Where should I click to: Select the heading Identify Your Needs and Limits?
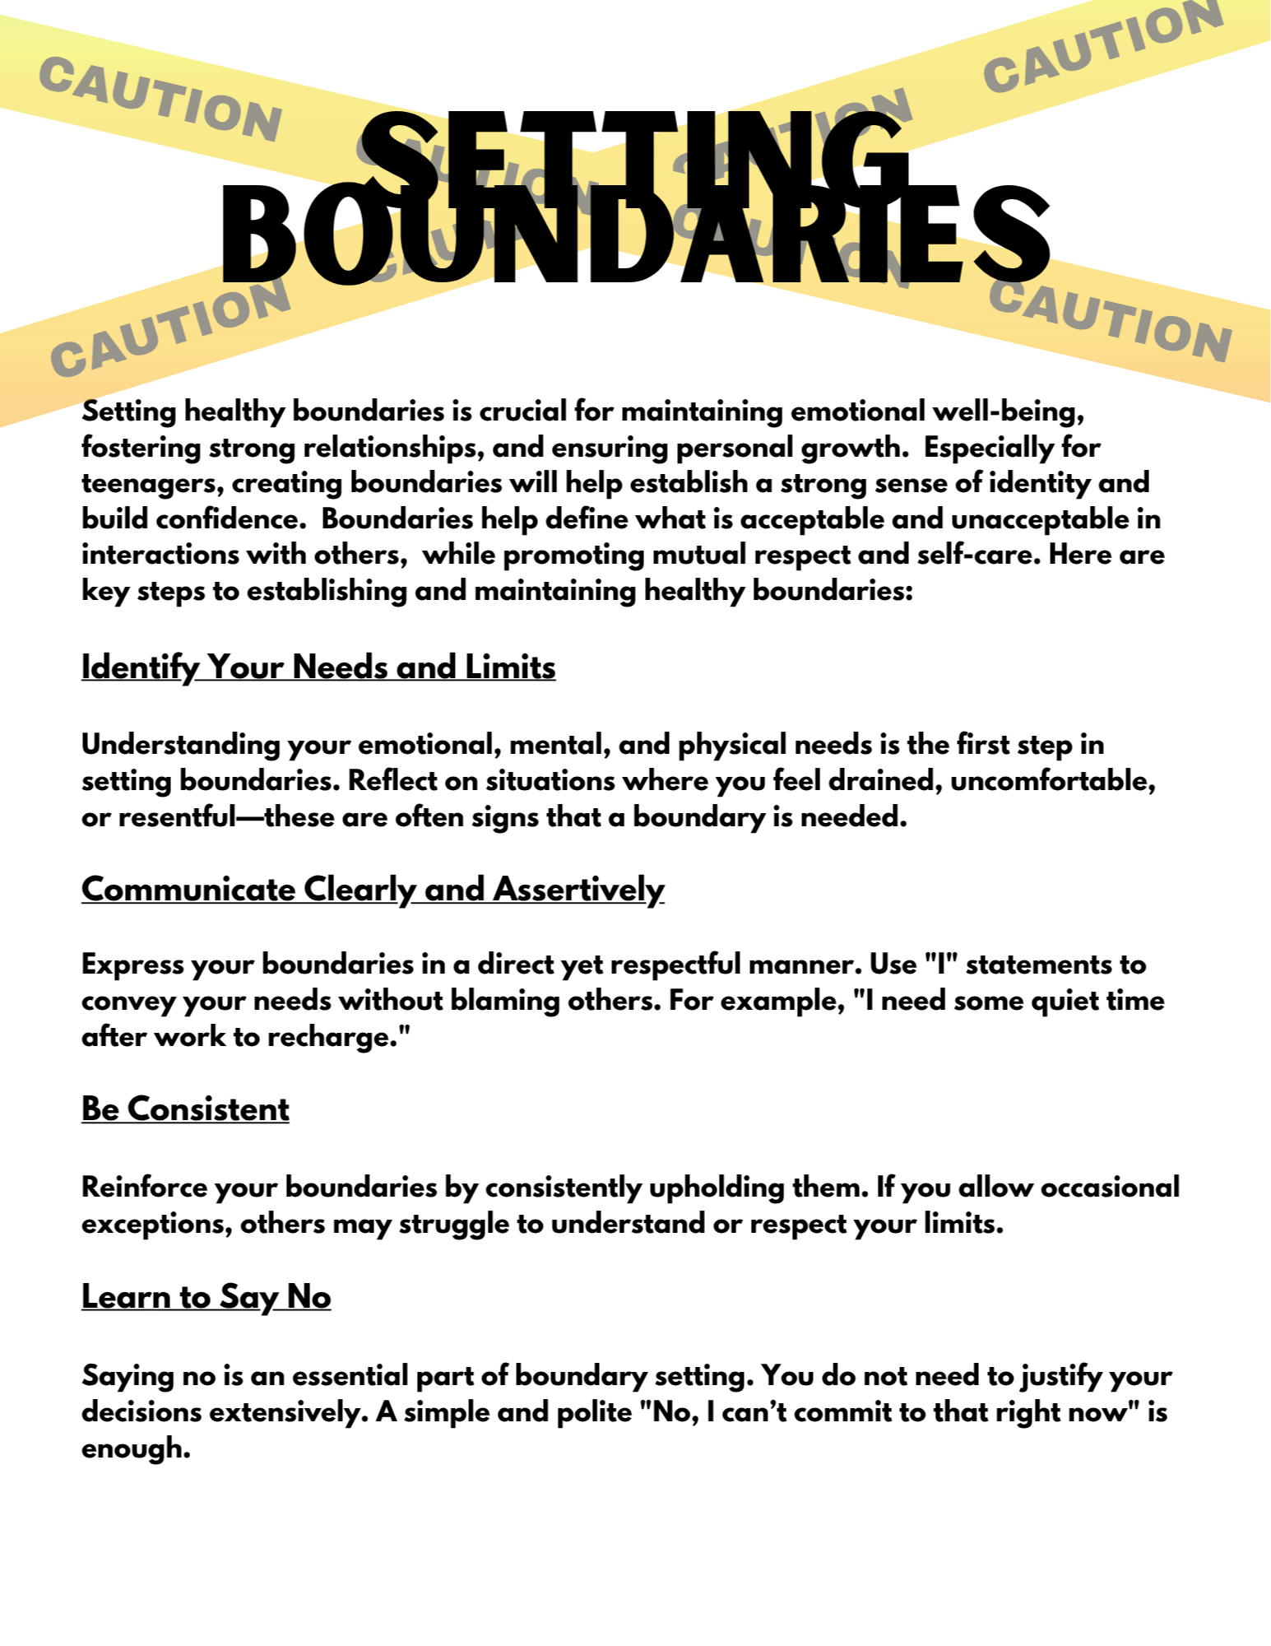point(318,667)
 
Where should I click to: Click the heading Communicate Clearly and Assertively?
point(373,890)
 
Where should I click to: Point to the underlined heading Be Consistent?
point(185,1109)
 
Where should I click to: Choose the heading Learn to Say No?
point(206,1297)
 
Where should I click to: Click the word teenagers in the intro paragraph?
point(152,483)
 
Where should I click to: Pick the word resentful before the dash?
point(177,817)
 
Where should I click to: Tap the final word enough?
point(136,1448)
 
